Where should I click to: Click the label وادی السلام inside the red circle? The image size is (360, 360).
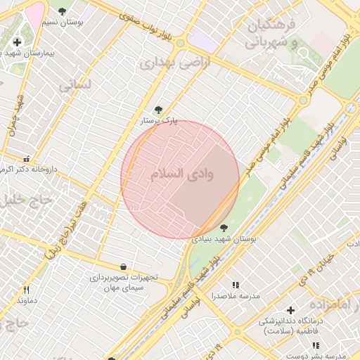point(182,173)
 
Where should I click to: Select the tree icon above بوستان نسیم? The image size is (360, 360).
point(63,11)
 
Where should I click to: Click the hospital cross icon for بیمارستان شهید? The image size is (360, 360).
point(17,42)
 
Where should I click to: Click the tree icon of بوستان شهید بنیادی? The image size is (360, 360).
point(224,227)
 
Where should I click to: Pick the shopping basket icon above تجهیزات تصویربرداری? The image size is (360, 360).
point(124,266)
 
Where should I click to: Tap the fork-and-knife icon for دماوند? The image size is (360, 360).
point(27,289)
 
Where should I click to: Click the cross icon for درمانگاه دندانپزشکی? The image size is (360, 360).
point(290,310)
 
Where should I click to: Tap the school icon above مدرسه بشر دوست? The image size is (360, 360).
point(316,345)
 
